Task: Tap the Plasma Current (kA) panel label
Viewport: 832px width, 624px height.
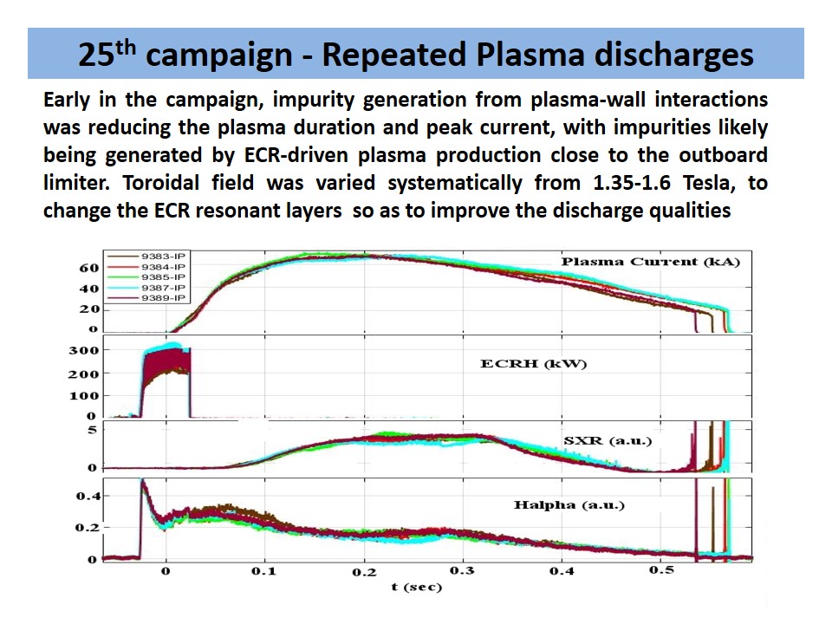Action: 650,262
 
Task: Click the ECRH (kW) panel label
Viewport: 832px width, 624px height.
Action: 534,364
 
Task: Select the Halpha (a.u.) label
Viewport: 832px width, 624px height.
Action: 569,504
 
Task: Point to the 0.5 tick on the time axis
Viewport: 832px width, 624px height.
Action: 662,573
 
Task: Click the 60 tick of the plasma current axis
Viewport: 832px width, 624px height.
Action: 89,268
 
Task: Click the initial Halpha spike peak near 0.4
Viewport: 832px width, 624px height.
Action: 142,482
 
